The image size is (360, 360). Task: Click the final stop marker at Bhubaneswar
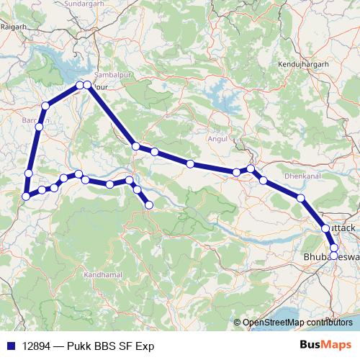pos(334,254)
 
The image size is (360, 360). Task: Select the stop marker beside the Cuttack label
pos(325,228)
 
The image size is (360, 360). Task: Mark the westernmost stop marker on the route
pos(26,196)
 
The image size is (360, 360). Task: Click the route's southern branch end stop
pos(149,205)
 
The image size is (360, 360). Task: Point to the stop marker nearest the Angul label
pos(236,172)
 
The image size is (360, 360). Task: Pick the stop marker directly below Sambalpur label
pos(87,86)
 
